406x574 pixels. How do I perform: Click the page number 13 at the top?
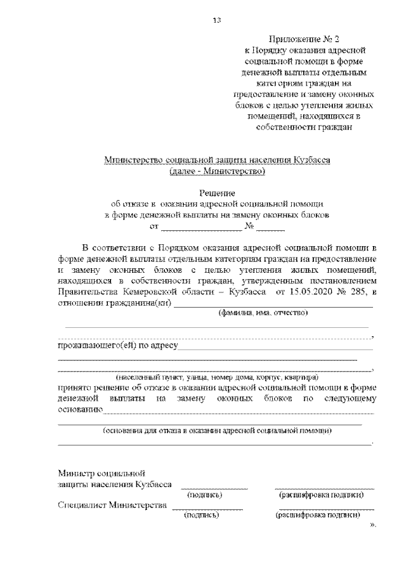pyautogui.click(x=216, y=20)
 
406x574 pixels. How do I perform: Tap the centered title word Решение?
pyautogui.click(x=217, y=193)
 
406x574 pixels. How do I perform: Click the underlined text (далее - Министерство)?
pyautogui.click(x=217, y=171)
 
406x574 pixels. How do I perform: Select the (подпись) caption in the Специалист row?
pyautogui.click(x=201, y=516)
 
